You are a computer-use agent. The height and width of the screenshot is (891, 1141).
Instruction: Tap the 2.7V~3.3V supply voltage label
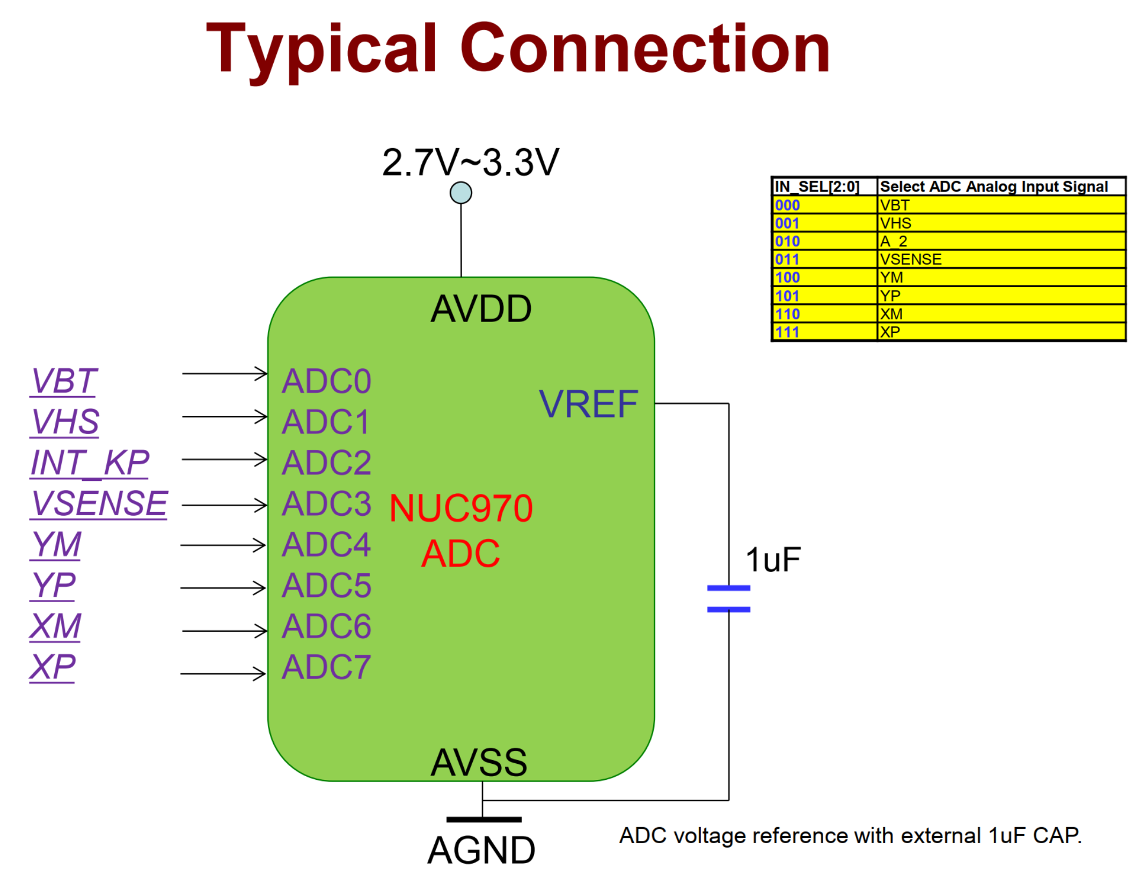tap(471, 162)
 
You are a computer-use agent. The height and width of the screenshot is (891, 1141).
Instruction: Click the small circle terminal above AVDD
tap(461, 193)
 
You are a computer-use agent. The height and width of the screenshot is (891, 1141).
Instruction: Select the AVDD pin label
tap(481, 309)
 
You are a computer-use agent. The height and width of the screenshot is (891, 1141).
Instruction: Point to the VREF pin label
tap(588, 404)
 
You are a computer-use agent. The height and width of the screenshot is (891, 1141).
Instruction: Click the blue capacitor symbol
tap(728, 598)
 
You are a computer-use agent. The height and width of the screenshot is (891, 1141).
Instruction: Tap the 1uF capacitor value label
tap(773, 560)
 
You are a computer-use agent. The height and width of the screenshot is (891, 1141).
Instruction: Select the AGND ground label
tap(481, 851)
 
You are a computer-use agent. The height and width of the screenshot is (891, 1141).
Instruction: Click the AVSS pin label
tap(479, 762)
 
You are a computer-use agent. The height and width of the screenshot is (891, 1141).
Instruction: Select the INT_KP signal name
tap(90, 463)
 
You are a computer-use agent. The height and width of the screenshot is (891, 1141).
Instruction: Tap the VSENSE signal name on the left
tap(99, 503)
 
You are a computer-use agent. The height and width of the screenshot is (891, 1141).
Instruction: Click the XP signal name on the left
tap(53, 667)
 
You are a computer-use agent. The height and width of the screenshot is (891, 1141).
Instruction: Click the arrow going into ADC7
tap(223, 674)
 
